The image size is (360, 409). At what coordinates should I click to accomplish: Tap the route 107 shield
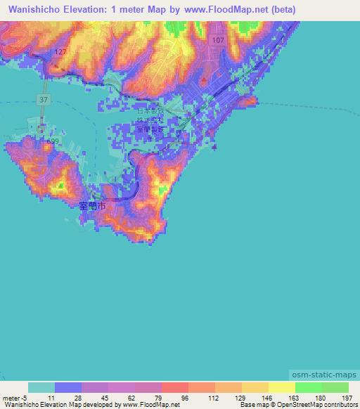click(x=218, y=41)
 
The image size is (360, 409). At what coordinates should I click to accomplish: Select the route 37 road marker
click(x=44, y=100)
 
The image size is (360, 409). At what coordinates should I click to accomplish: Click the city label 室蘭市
click(x=91, y=207)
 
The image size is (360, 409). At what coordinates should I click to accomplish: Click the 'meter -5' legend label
click(x=13, y=398)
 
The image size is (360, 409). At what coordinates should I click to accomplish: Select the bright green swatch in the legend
click(x=308, y=388)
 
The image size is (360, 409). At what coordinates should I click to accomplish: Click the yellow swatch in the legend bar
click(x=281, y=388)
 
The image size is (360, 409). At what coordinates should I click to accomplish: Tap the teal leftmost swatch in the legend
click(x=41, y=388)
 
